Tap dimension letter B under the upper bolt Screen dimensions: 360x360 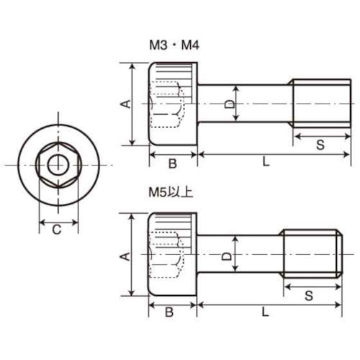(173, 163)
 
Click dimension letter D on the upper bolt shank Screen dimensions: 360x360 (229, 105)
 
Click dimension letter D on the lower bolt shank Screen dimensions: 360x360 (225, 256)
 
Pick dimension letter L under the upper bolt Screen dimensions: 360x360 (266, 163)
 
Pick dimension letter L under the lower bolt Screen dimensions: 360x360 (266, 312)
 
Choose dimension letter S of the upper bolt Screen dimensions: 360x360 (320, 145)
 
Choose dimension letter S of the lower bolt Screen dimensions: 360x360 (309, 295)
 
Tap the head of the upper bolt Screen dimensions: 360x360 (173, 104)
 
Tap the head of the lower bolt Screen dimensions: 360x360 (173, 256)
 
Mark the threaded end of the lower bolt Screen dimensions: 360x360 (310, 256)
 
